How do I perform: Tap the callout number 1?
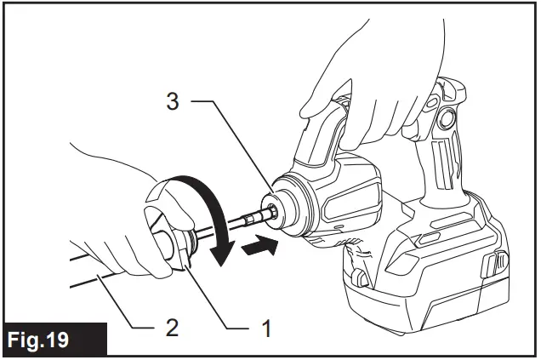point(267,325)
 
